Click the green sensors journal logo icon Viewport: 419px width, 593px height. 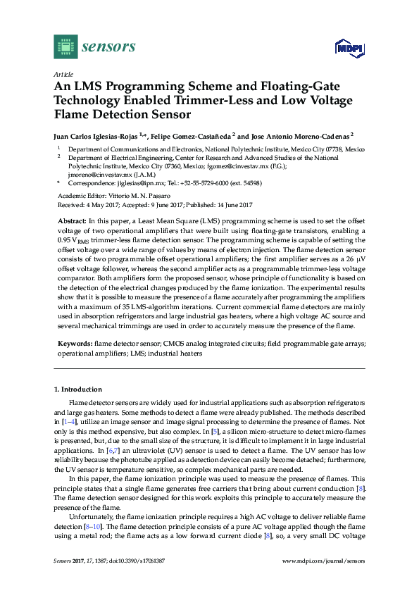click(x=65, y=46)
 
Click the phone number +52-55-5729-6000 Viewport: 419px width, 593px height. click(x=211, y=182)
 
